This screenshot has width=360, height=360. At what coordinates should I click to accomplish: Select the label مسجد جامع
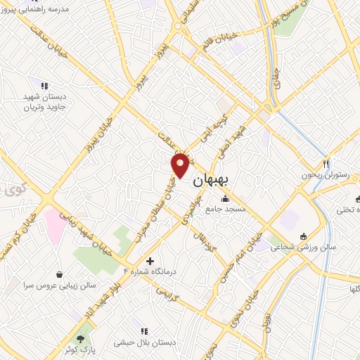(x=224, y=208)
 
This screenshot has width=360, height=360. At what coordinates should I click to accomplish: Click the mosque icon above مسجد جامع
(x=224, y=198)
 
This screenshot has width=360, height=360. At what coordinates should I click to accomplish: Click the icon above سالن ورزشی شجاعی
(x=303, y=236)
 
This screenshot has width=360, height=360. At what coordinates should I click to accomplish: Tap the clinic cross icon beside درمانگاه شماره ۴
(x=150, y=261)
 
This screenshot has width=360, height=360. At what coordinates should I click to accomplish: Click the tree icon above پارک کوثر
(x=88, y=338)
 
